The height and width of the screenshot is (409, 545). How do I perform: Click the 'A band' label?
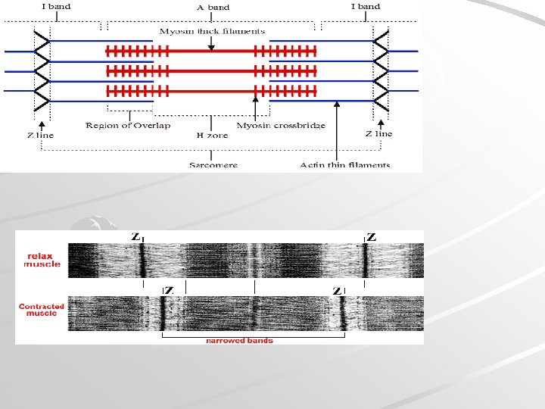[213, 7]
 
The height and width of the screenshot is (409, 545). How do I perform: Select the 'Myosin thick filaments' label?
[212, 31]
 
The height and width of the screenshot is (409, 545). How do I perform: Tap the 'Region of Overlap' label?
[117, 125]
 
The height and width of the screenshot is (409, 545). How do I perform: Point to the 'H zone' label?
[211, 135]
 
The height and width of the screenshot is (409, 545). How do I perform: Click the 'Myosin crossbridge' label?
[281, 125]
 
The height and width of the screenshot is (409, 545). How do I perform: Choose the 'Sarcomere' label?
[213, 164]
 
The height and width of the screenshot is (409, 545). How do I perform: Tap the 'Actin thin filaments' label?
[344, 164]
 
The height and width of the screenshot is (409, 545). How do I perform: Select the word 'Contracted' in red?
[42, 307]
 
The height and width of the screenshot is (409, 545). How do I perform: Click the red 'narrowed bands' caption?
[239, 341]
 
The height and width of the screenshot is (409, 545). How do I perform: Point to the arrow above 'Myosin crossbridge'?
[256, 106]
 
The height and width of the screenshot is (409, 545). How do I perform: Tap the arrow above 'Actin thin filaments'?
[337, 114]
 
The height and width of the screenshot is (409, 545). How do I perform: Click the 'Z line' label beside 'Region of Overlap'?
[40, 135]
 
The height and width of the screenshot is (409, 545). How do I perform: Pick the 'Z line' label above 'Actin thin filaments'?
[378, 133]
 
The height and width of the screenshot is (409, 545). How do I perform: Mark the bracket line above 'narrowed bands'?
[254, 333]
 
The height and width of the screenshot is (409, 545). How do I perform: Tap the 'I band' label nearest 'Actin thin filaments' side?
[366, 7]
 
